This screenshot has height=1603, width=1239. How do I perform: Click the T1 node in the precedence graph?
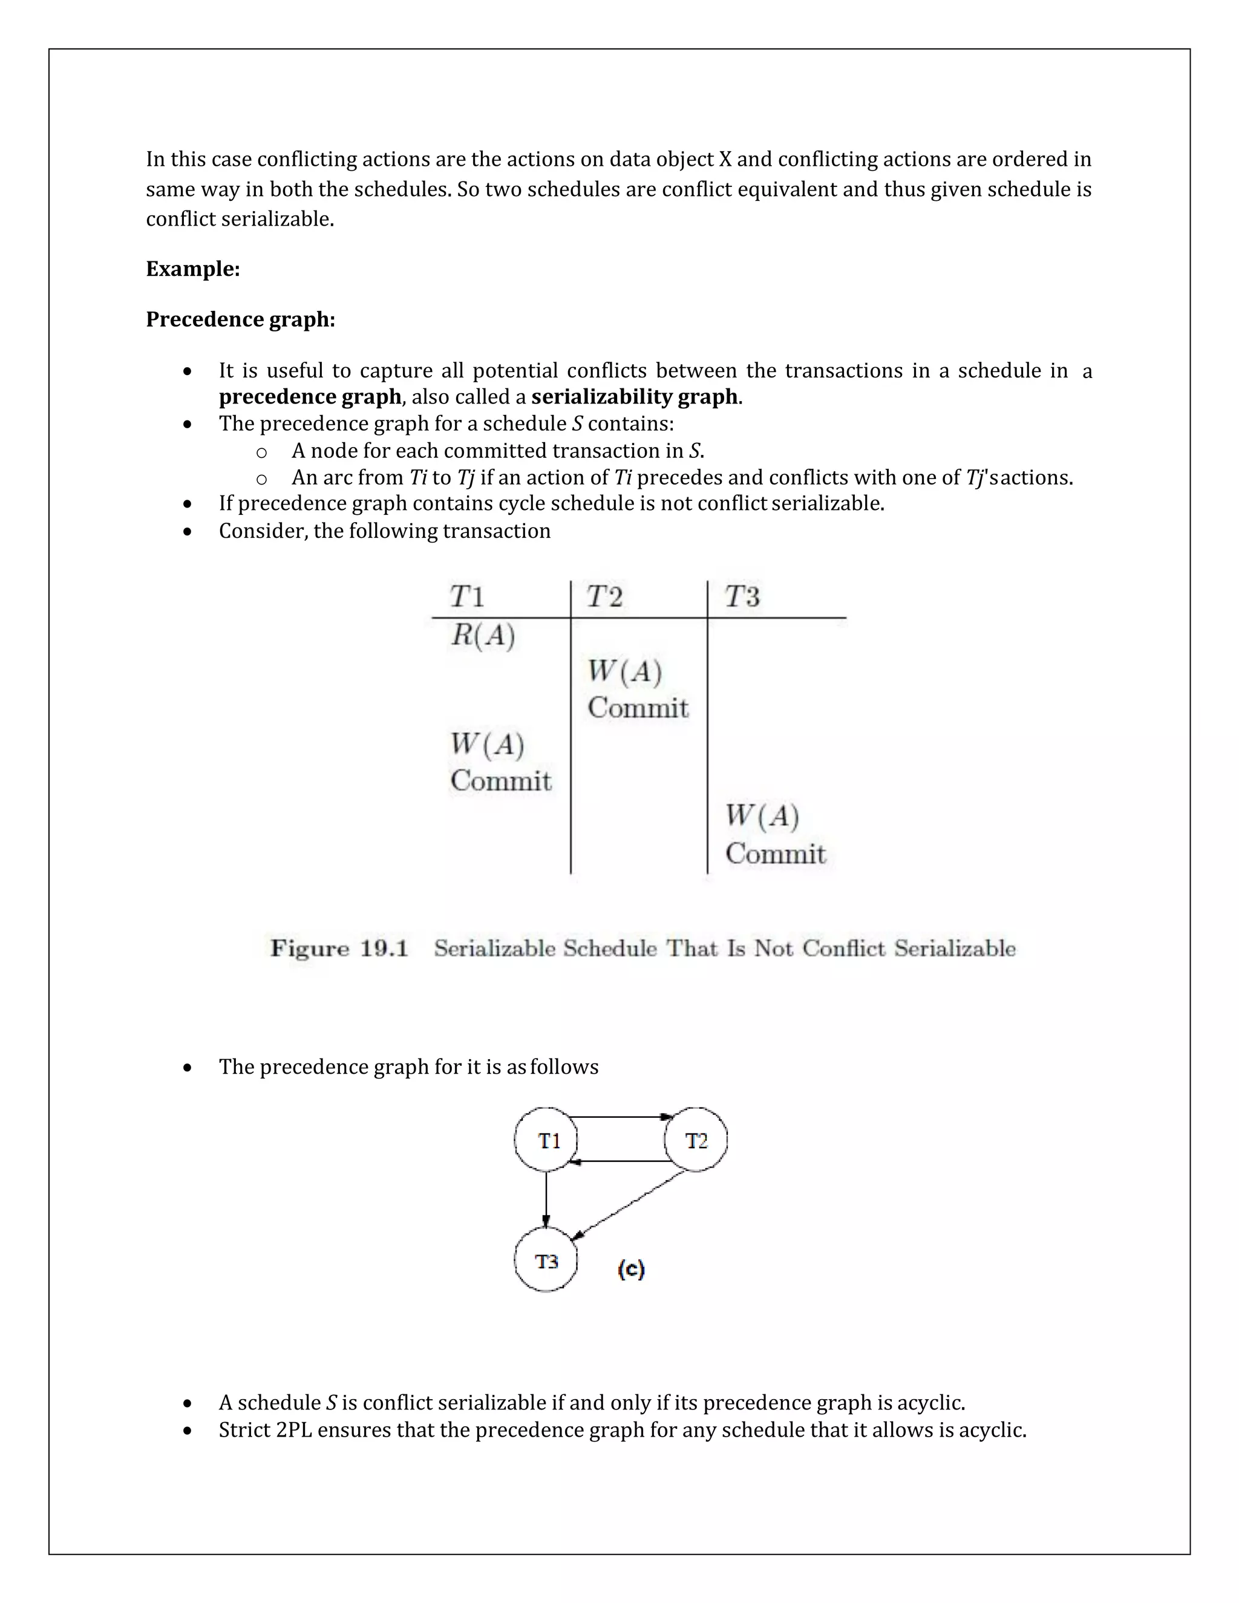546,1140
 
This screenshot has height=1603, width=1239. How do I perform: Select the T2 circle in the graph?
695,1140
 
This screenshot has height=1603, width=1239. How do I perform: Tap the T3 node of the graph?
546,1261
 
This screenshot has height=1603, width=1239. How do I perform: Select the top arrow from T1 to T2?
621,1117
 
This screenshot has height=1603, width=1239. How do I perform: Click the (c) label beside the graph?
631,1268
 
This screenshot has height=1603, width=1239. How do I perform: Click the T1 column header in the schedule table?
468,596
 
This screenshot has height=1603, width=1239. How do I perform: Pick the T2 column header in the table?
604,596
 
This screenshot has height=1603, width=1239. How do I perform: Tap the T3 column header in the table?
742,596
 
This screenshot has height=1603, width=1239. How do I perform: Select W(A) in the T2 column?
624,671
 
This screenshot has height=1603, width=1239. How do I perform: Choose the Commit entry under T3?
775,854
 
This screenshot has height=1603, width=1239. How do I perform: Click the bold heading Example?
193,269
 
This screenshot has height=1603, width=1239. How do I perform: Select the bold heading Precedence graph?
241,319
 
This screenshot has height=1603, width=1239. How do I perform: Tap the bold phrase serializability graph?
634,396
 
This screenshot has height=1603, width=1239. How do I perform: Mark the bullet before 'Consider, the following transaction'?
188,531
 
